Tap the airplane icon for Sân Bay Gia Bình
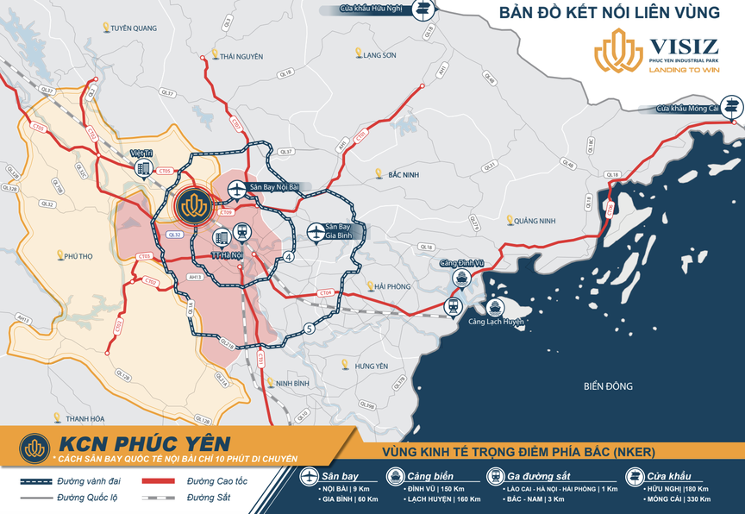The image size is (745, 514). point(316,232)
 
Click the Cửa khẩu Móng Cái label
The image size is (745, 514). point(687,109)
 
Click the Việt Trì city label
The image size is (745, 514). point(141,152)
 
